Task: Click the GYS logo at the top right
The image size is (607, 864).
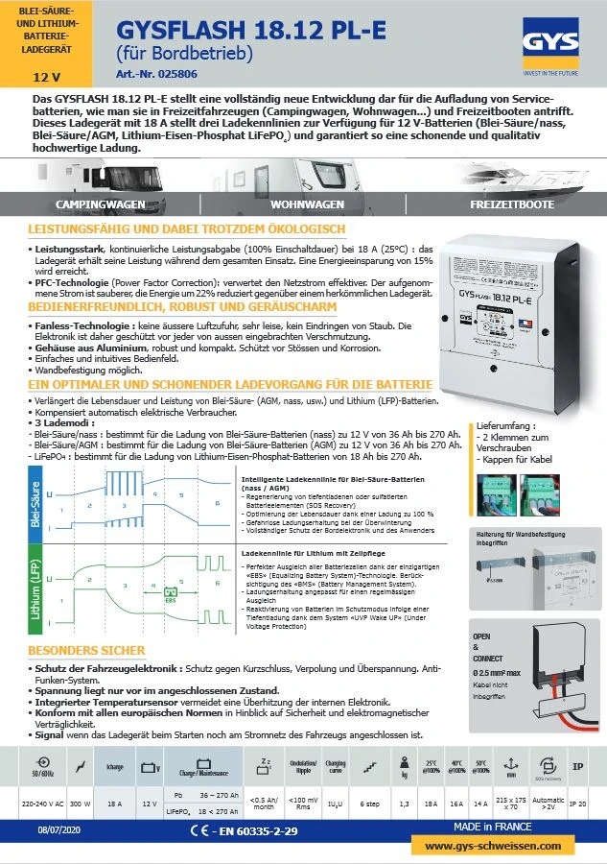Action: pyautogui.click(x=549, y=41)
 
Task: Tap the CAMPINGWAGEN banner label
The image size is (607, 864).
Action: pyautogui.click(x=101, y=205)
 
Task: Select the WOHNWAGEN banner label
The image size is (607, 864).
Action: pyautogui.click(x=307, y=205)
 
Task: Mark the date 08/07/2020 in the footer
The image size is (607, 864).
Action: pyautogui.click(x=58, y=828)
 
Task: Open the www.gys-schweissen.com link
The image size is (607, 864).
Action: pyautogui.click(x=493, y=846)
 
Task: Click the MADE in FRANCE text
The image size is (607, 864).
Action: pyautogui.click(x=495, y=827)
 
